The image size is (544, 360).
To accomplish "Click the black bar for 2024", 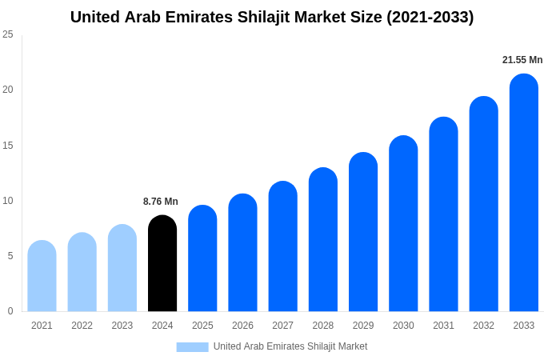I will click(162, 264).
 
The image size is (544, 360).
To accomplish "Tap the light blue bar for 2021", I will click(42, 277).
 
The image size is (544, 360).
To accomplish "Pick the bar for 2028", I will click(322, 240).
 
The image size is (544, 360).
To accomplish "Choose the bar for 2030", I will click(403, 224).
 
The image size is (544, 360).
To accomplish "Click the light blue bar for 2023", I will click(122, 269).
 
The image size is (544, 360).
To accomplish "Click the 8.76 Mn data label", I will click(161, 202).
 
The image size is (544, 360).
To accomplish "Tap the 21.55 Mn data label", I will click(522, 60).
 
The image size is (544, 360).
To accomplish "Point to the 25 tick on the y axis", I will click(8, 34).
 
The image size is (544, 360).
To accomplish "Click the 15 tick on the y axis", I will click(8, 145).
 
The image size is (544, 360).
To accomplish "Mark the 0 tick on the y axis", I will click(10, 311).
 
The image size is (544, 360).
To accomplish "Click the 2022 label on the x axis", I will click(82, 326).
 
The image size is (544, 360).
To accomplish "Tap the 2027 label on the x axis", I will click(282, 326).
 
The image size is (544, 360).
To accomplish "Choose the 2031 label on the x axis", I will click(443, 326).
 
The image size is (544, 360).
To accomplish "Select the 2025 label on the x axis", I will click(202, 326).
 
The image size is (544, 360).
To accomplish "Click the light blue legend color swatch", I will click(192, 347).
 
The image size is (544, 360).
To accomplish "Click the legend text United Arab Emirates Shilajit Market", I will click(290, 346).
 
